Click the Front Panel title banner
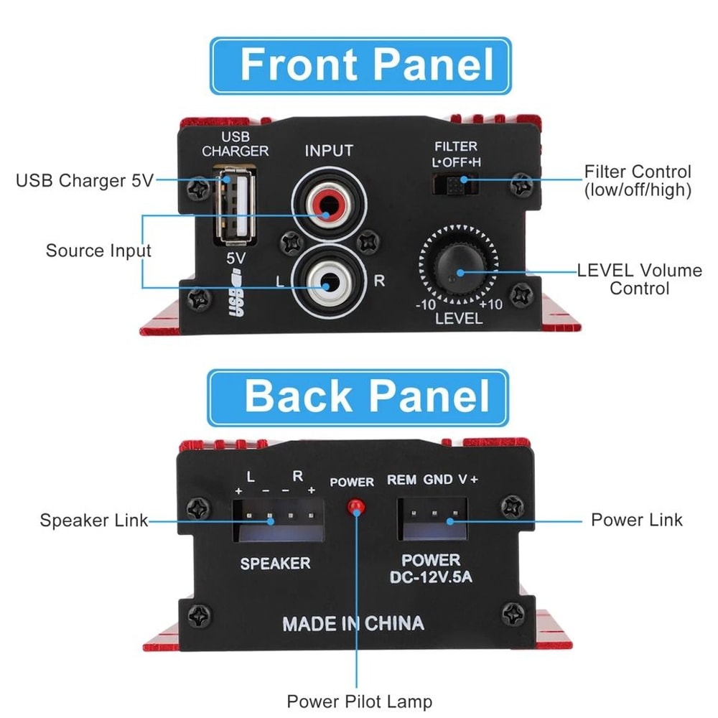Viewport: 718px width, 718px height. pyautogui.click(x=360, y=66)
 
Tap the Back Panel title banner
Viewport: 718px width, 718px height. pyautogui.click(x=358, y=397)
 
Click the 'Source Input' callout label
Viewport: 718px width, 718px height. pyautogui.click(x=98, y=251)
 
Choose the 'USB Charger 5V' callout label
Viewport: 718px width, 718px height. pyautogui.click(x=85, y=180)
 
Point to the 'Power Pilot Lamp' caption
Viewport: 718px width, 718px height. pyautogui.click(x=360, y=701)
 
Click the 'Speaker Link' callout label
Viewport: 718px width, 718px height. pyautogui.click(x=94, y=521)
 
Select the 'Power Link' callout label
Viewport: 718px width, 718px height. pyautogui.click(x=636, y=519)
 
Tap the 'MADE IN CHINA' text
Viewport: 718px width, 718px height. pyautogui.click(x=353, y=623)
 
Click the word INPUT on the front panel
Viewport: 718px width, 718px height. pyautogui.click(x=329, y=151)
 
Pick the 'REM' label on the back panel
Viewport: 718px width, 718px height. pyautogui.click(x=401, y=480)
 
